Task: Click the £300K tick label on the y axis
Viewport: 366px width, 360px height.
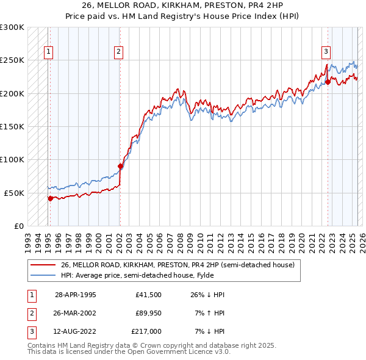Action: tap(12, 27)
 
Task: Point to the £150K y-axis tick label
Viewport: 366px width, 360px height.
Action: tap(12, 127)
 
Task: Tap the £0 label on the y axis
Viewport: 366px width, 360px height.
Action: tap(18, 226)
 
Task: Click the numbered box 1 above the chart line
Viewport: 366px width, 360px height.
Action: tap(48, 52)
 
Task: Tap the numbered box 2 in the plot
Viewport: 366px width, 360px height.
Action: tap(118, 52)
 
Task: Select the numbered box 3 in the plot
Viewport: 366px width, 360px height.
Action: tap(326, 52)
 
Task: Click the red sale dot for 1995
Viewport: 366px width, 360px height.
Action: tap(50, 198)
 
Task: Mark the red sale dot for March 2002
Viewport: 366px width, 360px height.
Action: tap(120, 166)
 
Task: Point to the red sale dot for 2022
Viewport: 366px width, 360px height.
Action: tap(328, 82)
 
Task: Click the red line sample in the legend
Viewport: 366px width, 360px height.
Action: tap(43, 265)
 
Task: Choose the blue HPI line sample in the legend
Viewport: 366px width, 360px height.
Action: tap(43, 275)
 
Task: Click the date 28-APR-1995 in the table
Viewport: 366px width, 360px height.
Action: tap(76, 295)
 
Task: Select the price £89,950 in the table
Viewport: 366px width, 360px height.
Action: tap(149, 313)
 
